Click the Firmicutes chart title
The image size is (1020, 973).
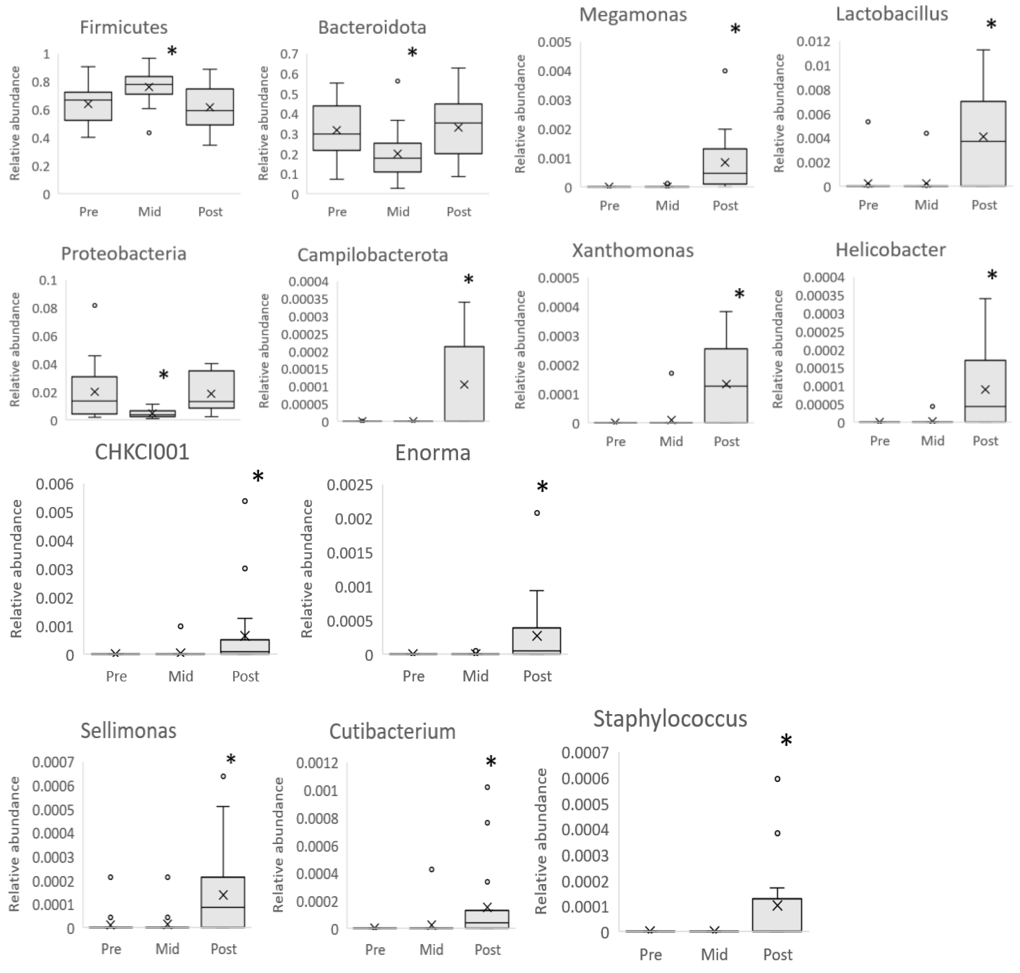tap(123, 27)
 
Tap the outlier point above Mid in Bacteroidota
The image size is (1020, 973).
tap(398, 81)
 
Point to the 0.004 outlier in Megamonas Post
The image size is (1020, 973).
tap(725, 71)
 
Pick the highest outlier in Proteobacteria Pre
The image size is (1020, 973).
tap(95, 306)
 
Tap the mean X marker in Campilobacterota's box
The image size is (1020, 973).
tap(464, 384)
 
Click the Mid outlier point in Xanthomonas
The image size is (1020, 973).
tap(671, 373)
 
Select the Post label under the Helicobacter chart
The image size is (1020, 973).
tap(985, 441)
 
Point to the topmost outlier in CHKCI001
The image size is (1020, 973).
tap(245, 501)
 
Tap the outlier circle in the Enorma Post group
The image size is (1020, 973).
tap(537, 513)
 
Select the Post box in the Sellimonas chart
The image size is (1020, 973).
tap(223, 902)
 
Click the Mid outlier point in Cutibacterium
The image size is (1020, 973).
tap(432, 869)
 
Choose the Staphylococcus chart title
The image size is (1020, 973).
tap(670, 719)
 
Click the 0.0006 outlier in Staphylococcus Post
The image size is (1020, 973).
tap(777, 779)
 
